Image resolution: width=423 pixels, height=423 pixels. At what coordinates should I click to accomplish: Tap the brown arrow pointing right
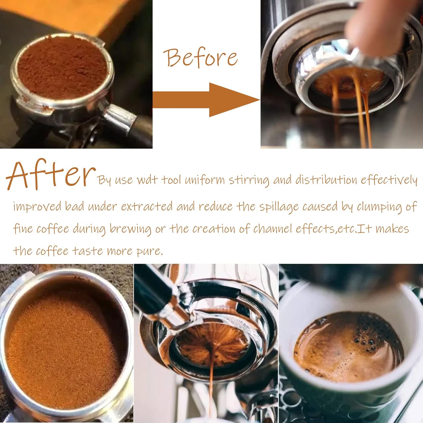(x=206, y=100)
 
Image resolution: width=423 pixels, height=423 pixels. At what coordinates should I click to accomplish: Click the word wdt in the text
(x=147, y=180)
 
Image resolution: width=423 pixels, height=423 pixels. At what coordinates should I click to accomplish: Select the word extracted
(x=147, y=207)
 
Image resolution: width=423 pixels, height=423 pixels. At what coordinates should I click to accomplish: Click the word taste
(x=84, y=251)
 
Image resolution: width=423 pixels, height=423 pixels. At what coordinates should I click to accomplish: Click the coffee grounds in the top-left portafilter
(x=62, y=68)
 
